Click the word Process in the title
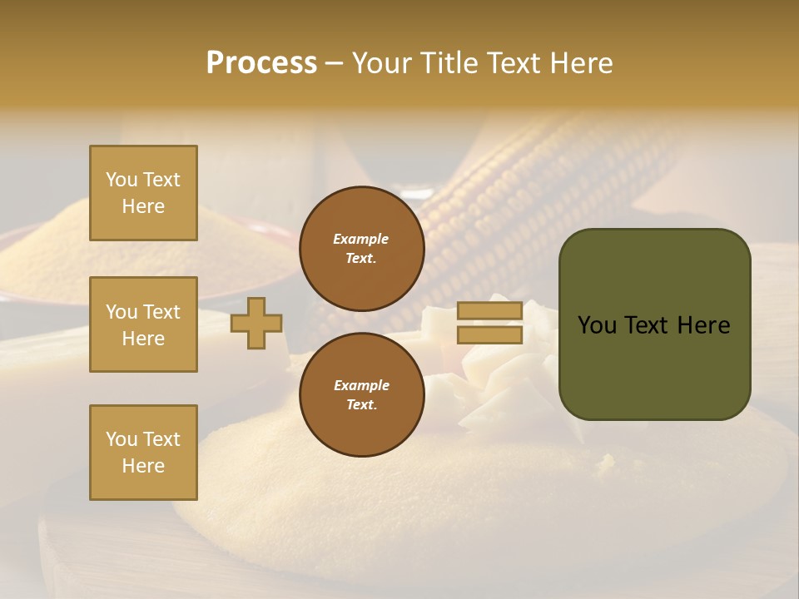pyautogui.click(x=261, y=62)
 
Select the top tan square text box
pyautogui.click(x=143, y=193)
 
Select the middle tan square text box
pyautogui.click(x=143, y=324)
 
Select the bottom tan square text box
pyautogui.click(x=143, y=453)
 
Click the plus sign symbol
pyautogui.click(x=256, y=323)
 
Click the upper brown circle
pyautogui.click(x=361, y=248)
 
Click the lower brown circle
pyautogui.click(x=361, y=394)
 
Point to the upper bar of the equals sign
pyautogui.click(x=489, y=311)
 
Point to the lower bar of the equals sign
pyautogui.click(x=489, y=334)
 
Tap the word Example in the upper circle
pyautogui.click(x=361, y=239)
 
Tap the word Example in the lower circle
pyautogui.click(x=361, y=385)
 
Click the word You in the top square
pyautogui.click(x=122, y=180)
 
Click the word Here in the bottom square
pyautogui.click(x=143, y=466)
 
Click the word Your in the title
pyautogui.click(x=380, y=62)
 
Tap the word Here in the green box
pyautogui.click(x=703, y=325)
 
